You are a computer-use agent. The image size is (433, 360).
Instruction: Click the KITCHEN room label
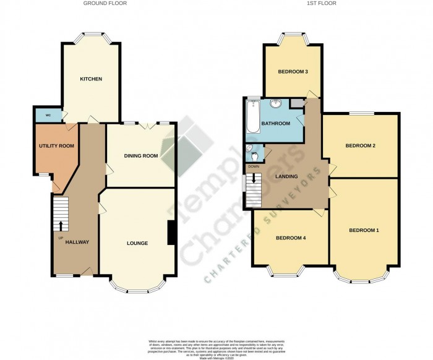point(90,79)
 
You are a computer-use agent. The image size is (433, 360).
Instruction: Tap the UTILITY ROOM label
point(53,146)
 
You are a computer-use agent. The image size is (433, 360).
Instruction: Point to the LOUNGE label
point(137,243)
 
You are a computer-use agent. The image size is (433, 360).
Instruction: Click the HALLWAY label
point(76,242)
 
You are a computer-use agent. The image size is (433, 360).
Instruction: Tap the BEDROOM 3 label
point(293,72)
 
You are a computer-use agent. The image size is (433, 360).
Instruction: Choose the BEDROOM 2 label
point(361,146)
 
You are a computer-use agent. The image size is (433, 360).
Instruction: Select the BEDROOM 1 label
point(364,231)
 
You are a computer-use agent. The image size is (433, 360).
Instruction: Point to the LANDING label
point(287,177)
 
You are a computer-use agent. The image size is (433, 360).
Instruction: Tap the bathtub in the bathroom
point(252,118)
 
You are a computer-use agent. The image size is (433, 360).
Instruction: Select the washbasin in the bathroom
point(275,103)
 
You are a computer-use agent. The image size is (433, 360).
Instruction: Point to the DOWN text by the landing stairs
point(254,166)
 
